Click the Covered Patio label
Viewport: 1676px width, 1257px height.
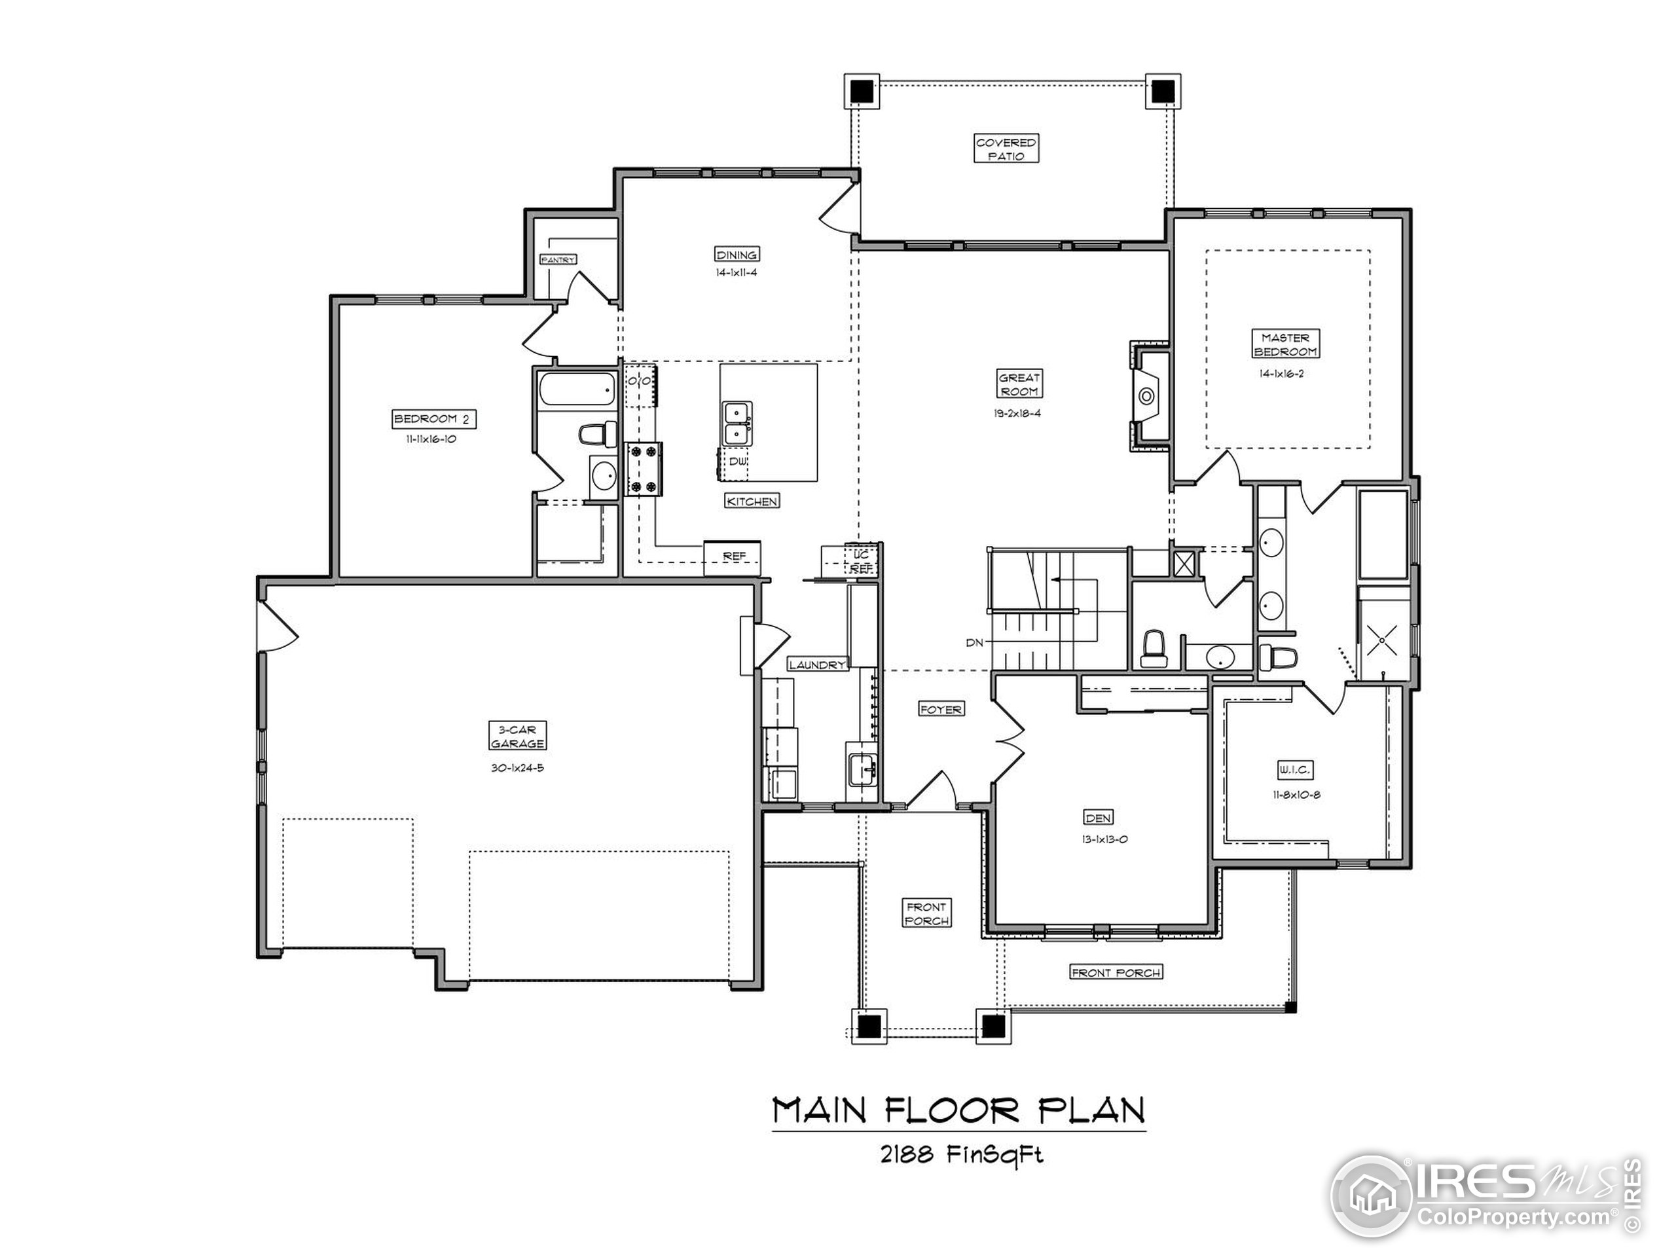1006,149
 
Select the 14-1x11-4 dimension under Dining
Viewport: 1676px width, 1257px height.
736,273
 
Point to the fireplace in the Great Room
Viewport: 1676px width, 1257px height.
1147,396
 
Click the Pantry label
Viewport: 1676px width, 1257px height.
558,259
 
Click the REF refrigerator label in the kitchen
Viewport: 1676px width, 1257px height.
733,556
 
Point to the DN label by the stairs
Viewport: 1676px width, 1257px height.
974,642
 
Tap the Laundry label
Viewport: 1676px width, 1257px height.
817,665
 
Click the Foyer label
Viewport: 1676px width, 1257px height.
940,709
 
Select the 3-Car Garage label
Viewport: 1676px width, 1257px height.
517,737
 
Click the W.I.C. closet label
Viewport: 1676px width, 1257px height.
1294,770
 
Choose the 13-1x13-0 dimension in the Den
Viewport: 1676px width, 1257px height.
1104,839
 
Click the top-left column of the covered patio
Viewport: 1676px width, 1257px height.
861,91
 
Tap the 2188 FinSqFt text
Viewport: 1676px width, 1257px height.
960,1155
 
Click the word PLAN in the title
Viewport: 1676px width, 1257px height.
1091,1111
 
